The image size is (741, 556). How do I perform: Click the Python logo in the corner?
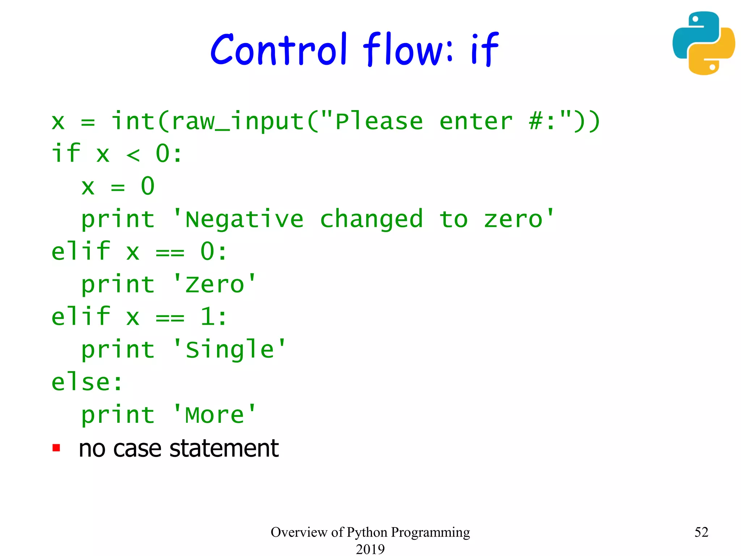[x=703, y=43]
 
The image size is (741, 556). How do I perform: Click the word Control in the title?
[x=279, y=49]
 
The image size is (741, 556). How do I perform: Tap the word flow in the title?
[x=407, y=49]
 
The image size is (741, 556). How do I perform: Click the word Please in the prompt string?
[x=379, y=122]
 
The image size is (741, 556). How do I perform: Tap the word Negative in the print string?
[x=244, y=219]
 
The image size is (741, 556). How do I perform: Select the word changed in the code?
[x=371, y=219]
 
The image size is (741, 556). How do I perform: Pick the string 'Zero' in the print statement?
[x=215, y=285]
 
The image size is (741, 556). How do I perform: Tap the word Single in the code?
[x=229, y=350]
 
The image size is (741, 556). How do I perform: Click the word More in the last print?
[x=215, y=415]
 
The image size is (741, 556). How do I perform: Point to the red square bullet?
[x=56, y=448]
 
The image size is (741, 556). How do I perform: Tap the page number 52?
[x=701, y=532]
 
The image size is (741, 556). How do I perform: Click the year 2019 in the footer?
[x=370, y=549]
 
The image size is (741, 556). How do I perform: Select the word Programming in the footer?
[x=430, y=532]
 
